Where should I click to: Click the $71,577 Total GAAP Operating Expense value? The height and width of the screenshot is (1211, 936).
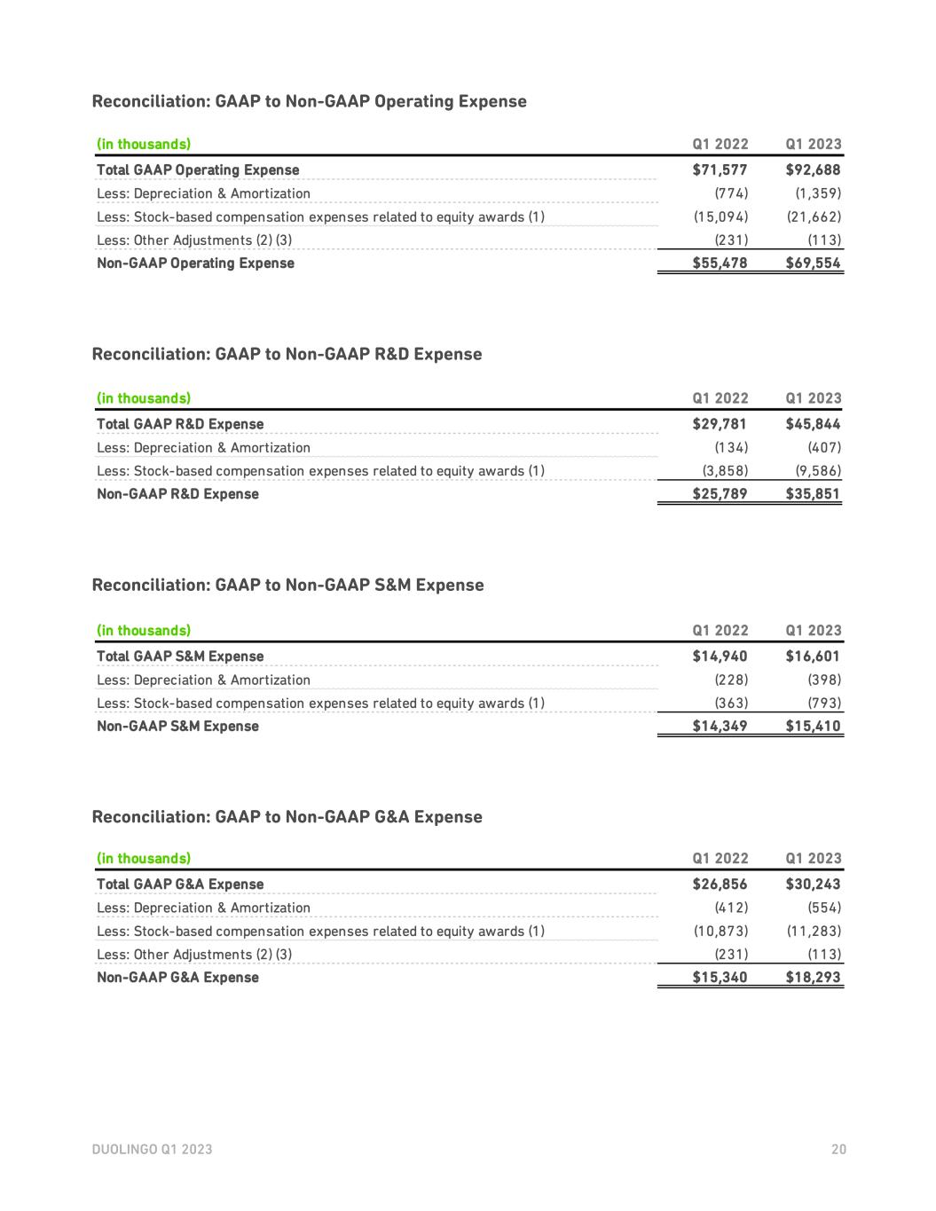720,169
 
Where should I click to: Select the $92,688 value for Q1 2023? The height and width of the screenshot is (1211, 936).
813,169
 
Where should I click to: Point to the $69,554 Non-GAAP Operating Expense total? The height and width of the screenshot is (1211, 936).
813,263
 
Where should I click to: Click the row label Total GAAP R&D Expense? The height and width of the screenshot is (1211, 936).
180,424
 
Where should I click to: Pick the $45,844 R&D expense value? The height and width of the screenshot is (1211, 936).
813,424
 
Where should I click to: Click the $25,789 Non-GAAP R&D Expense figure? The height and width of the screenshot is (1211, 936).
720,494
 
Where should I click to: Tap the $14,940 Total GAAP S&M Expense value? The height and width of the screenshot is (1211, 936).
720,657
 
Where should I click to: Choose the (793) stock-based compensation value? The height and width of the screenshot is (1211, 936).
824,704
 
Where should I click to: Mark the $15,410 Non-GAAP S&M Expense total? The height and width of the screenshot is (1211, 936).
813,727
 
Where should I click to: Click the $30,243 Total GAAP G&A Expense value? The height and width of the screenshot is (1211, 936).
813,885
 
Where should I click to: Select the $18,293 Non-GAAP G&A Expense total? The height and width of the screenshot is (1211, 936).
813,978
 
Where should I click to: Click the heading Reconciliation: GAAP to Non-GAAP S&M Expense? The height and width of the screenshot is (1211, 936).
287,586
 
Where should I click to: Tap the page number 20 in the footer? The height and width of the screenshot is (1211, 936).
838,1150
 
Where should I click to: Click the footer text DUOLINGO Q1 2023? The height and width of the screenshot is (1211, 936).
152,1150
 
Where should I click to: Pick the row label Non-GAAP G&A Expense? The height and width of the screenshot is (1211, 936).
177,978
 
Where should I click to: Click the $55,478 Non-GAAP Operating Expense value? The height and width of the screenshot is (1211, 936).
720,263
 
